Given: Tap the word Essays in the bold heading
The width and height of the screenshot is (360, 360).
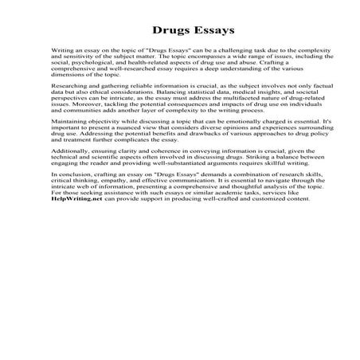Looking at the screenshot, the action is click(x=206, y=31).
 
